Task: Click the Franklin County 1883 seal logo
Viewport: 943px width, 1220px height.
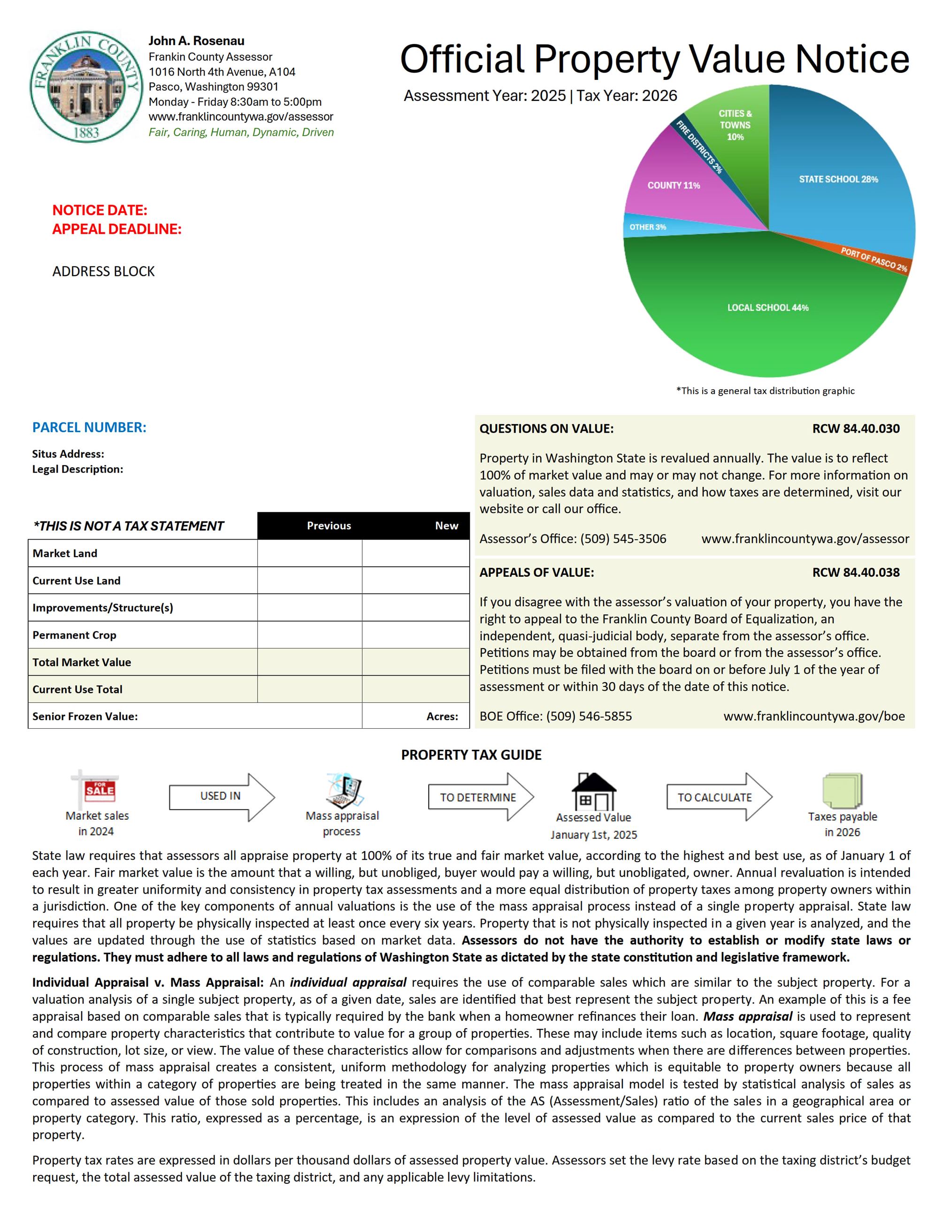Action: pos(85,87)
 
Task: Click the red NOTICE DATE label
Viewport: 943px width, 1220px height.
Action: pos(100,210)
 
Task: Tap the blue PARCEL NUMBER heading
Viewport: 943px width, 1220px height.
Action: pos(89,427)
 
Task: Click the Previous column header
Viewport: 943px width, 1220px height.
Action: pos(329,526)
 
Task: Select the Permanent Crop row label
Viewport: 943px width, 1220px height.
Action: pos(74,635)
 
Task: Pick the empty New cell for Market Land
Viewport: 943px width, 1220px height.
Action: pos(415,553)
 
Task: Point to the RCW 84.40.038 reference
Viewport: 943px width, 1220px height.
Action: pos(855,572)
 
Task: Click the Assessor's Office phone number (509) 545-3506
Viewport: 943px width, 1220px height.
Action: pos(623,539)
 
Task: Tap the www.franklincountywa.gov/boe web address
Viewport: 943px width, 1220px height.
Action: pos(813,717)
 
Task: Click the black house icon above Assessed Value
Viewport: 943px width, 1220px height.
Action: pos(593,792)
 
